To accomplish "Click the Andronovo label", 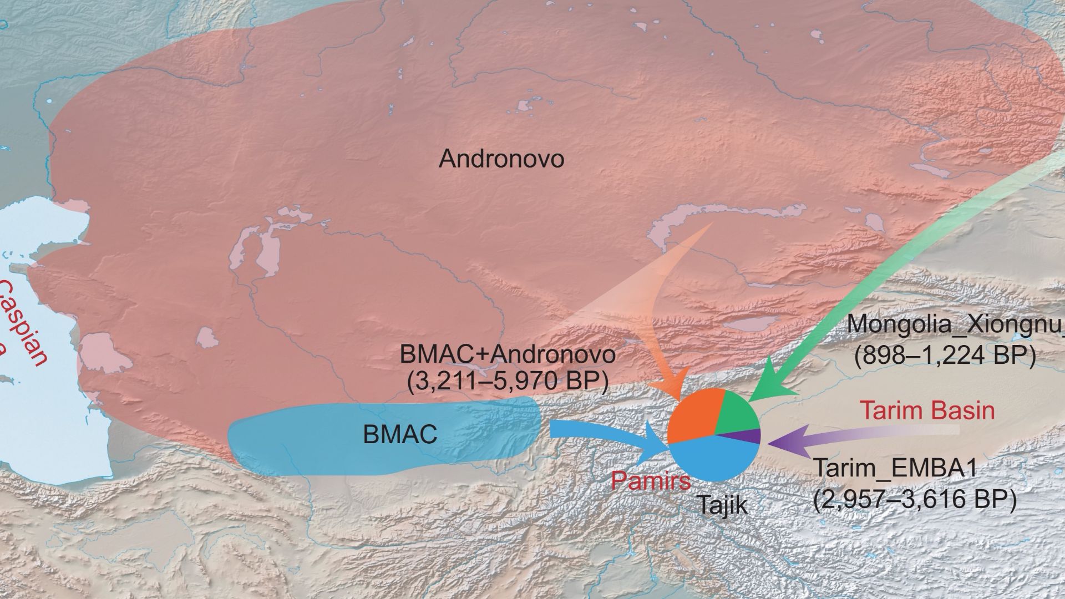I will click(501, 159).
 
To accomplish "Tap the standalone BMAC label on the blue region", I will click(400, 434).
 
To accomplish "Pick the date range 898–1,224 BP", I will click(945, 356).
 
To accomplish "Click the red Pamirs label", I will click(651, 481).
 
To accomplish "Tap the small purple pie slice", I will click(748, 436).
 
